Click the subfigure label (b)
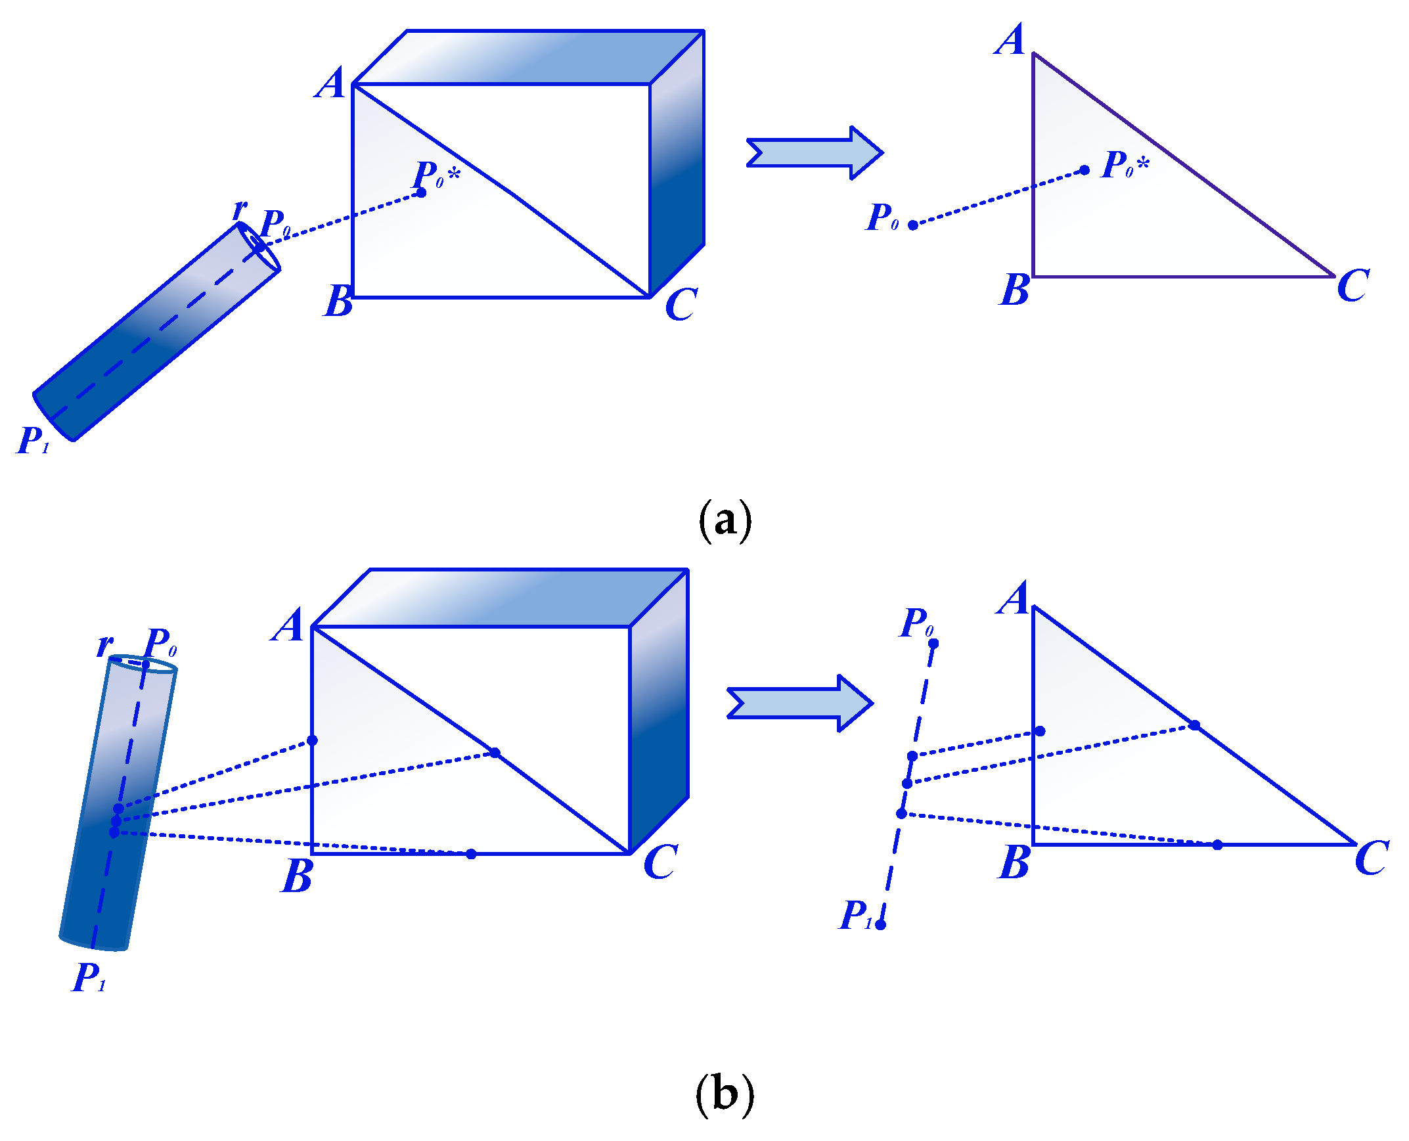(725, 1094)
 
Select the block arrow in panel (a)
(815, 152)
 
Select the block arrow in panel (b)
(800, 704)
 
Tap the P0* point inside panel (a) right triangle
(1085, 170)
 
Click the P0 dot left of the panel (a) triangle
(913, 225)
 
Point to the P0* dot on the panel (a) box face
(421, 192)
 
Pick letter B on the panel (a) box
(338, 301)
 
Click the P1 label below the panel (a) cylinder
(33, 440)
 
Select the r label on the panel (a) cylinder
(240, 209)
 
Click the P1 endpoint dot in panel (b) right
(881, 925)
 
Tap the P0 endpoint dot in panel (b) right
(933, 643)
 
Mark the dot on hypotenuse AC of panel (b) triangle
(1195, 726)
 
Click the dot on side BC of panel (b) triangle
(1217, 845)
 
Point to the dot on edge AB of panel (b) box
(312, 741)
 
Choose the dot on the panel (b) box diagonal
(495, 753)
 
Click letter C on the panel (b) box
(660, 862)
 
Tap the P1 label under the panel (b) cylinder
(89, 977)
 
